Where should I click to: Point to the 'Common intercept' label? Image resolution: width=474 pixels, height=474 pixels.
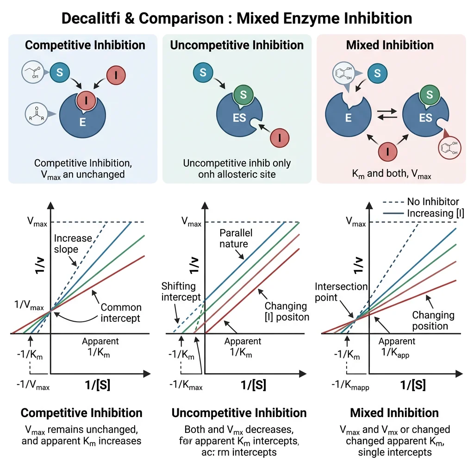tap(121, 312)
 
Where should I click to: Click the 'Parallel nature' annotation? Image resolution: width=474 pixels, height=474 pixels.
tap(234, 238)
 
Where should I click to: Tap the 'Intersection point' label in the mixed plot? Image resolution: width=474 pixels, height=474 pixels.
tap(341, 292)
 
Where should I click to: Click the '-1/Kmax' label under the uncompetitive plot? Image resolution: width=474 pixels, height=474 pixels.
tap(186, 386)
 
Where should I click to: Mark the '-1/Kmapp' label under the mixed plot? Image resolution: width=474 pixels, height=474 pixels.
tap(351, 386)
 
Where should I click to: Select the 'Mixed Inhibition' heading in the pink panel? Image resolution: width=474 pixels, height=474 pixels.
tap(390, 45)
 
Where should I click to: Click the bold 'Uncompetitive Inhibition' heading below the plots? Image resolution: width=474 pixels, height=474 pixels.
tap(239, 413)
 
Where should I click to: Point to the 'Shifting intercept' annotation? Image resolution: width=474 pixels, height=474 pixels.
tap(181, 291)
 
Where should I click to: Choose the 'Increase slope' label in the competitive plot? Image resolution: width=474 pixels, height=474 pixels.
tap(73, 244)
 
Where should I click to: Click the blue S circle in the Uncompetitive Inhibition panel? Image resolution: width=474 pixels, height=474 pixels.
tap(203, 72)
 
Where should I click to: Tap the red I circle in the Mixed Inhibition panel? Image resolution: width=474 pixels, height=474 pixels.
tap(388, 151)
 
